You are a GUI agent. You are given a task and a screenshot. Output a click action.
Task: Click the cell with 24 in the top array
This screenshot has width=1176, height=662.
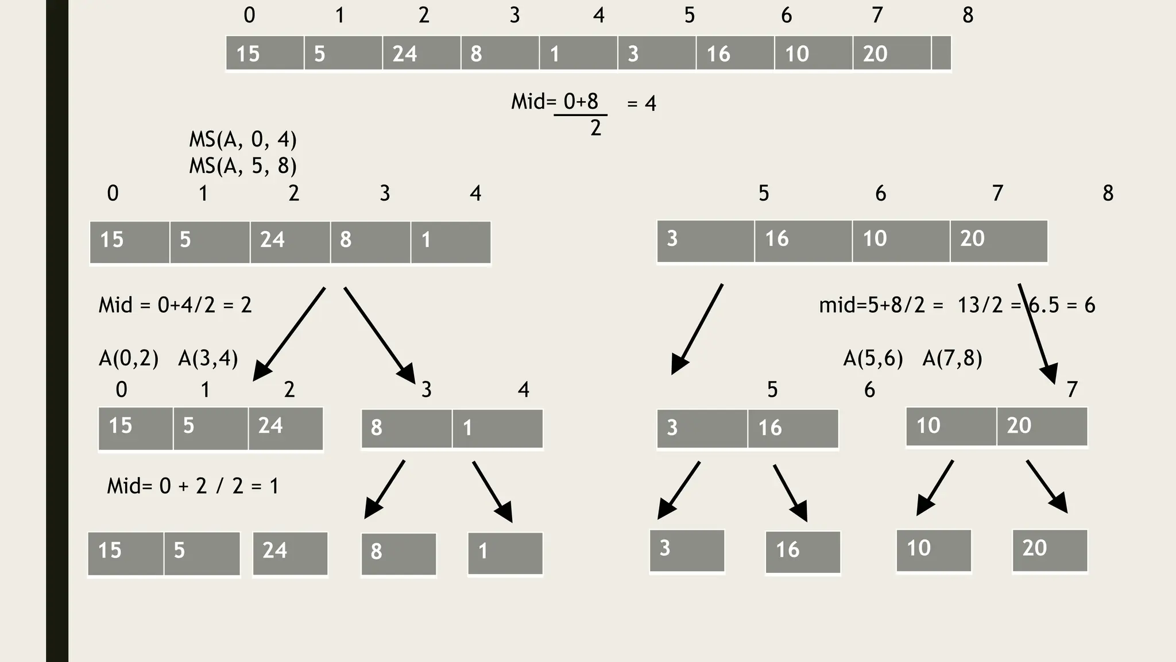(421, 53)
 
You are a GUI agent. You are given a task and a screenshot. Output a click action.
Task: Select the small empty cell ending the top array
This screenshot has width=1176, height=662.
(941, 53)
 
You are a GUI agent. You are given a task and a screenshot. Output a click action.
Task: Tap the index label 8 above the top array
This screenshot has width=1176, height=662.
(968, 16)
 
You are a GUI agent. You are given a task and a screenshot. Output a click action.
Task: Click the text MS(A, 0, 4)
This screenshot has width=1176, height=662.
(243, 140)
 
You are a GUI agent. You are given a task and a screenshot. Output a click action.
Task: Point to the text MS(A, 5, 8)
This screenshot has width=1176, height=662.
(243, 166)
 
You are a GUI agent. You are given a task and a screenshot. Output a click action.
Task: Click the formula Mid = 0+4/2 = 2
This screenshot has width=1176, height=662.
(175, 305)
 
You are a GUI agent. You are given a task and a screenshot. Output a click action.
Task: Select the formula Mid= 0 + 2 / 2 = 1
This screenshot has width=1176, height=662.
(193, 486)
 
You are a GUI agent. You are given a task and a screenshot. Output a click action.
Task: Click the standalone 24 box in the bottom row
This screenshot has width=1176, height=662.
(290, 553)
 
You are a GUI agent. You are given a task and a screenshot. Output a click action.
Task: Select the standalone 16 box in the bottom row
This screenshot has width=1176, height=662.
(802, 552)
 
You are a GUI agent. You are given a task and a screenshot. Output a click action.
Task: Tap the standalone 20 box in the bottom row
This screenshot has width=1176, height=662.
(1049, 550)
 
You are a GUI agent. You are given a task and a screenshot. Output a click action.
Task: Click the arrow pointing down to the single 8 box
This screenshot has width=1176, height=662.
(385, 489)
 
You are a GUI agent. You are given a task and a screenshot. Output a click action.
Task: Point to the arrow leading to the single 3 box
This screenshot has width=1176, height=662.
(678, 490)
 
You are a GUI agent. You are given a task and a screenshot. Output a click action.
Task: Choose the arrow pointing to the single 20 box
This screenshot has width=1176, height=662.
(1047, 486)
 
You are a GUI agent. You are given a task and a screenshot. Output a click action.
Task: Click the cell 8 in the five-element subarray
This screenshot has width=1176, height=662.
(370, 242)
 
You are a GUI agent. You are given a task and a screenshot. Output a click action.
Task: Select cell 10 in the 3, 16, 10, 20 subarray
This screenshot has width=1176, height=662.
(900, 241)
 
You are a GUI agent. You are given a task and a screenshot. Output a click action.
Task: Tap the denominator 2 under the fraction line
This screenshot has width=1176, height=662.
(595, 128)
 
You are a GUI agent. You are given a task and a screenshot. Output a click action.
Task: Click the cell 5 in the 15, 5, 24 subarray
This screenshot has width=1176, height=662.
(210, 428)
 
